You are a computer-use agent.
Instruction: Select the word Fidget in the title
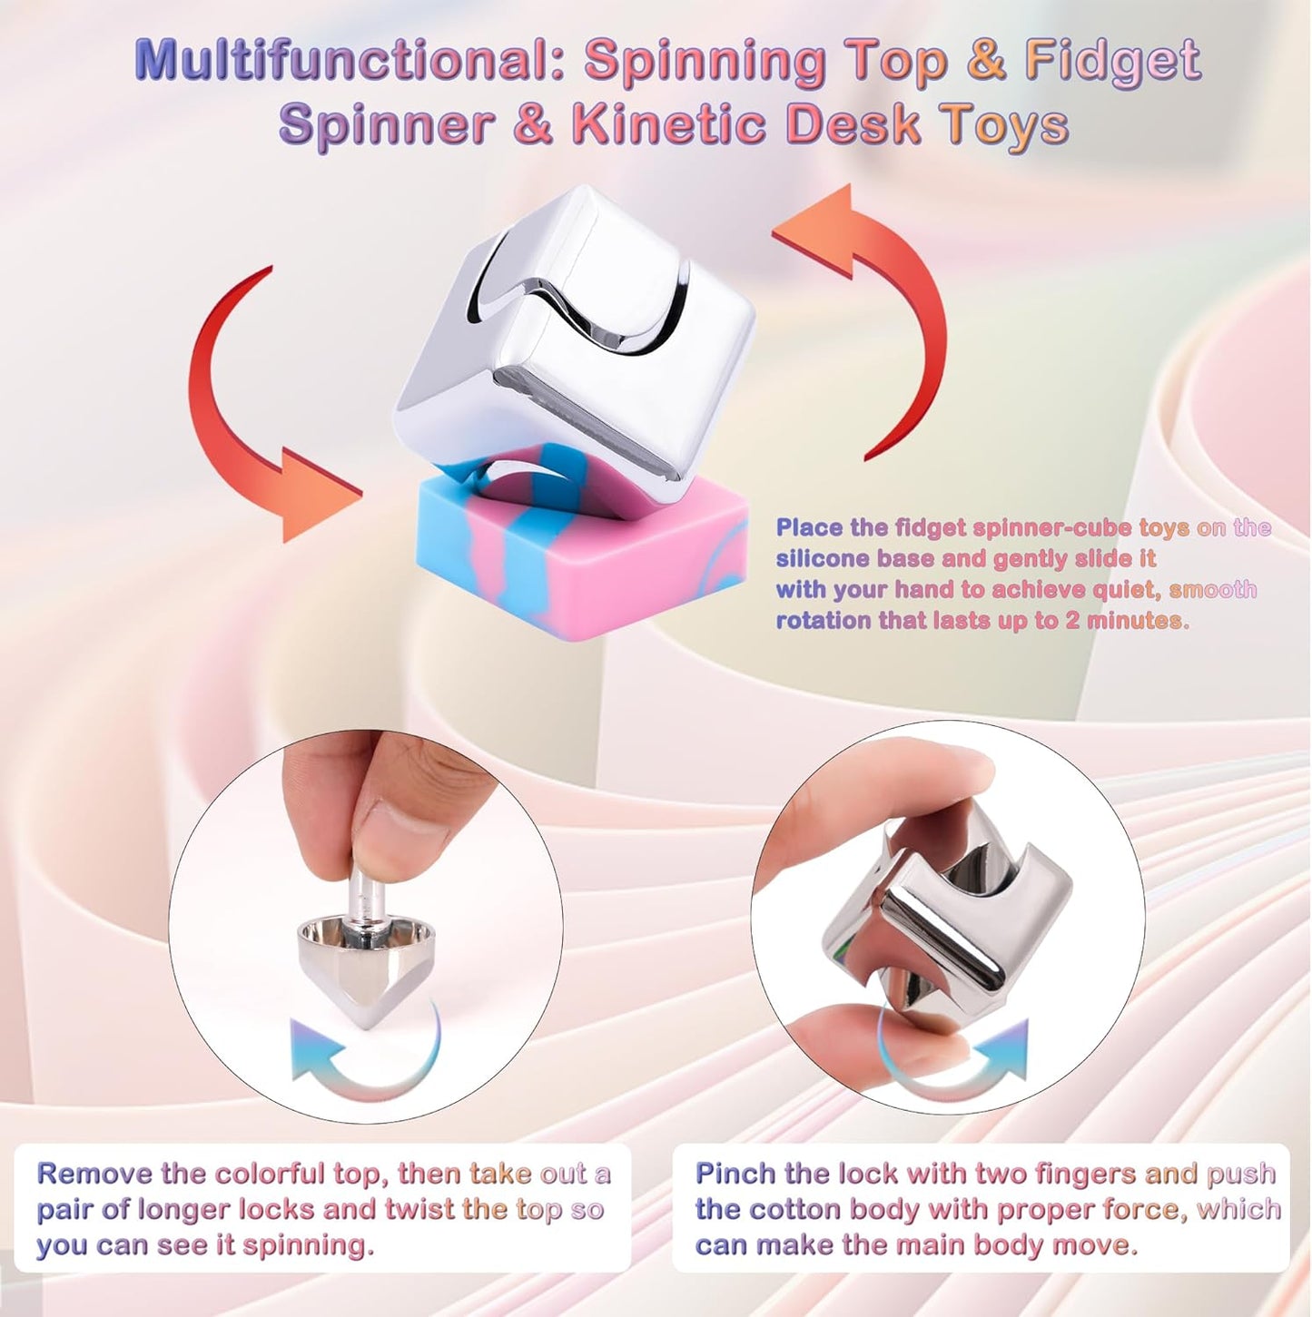[1112, 62]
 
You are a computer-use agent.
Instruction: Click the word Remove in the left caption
[94, 1174]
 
